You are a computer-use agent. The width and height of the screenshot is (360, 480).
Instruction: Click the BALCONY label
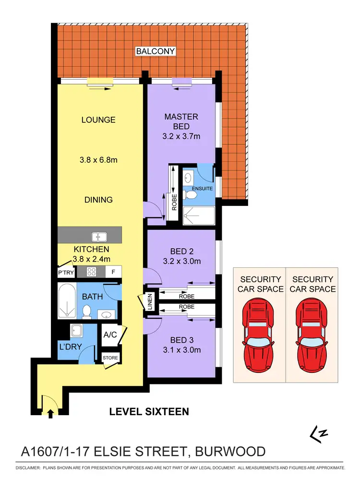[x=155, y=51]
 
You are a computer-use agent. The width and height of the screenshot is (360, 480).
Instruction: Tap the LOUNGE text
[x=98, y=120]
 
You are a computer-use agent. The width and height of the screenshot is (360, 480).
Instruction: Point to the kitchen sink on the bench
[x=100, y=236]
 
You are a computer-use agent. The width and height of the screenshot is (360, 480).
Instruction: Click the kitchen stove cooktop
[x=92, y=272]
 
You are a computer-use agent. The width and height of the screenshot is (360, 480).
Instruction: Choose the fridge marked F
[x=113, y=272]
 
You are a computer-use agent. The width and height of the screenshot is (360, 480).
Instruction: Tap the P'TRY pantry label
[x=66, y=272]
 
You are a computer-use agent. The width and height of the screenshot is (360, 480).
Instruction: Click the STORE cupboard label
[x=110, y=358]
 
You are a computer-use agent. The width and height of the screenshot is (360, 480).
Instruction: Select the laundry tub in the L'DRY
[x=76, y=330]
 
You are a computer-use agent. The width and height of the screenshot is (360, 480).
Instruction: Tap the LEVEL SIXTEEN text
[x=149, y=411]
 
